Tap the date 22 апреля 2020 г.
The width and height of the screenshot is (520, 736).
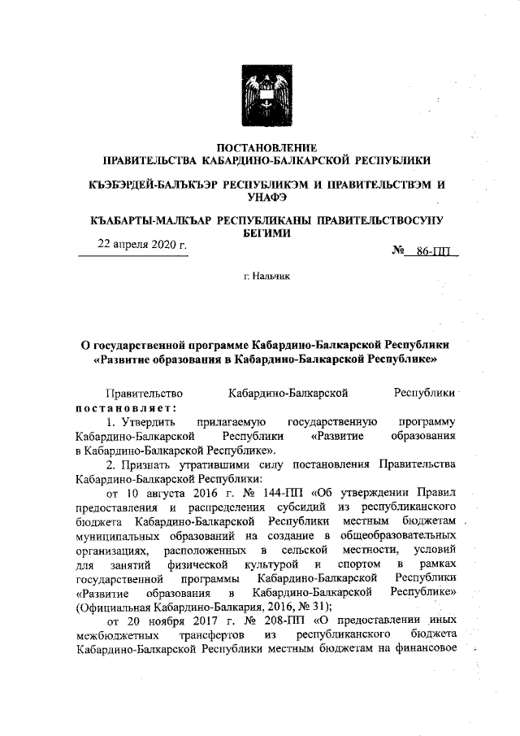142,244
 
